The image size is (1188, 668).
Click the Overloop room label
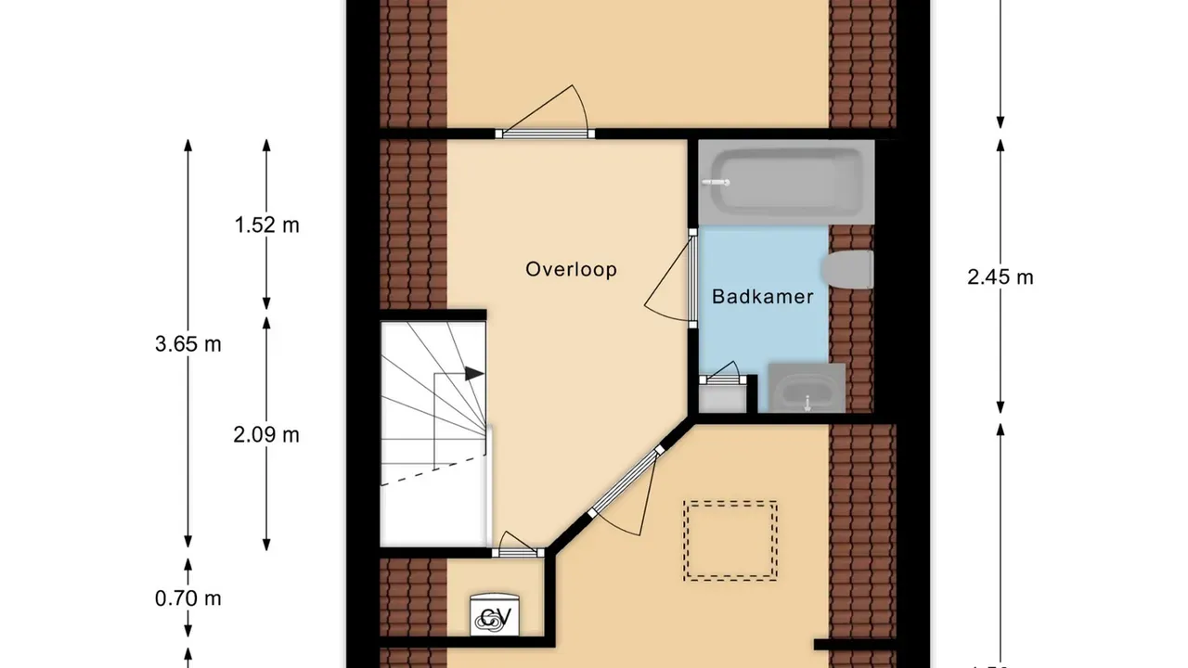click(x=571, y=270)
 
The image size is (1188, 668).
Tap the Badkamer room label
click(x=762, y=297)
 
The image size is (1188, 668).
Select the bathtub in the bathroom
click(x=785, y=182)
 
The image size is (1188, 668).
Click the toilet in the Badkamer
click(x=849, y=270)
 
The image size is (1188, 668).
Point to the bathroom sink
click(x=806, y=389)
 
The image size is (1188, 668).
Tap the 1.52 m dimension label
click(x=266, y=225)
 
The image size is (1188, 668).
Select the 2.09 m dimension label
click(x=266, y=434)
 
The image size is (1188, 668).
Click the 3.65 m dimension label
click(x=187, y=344)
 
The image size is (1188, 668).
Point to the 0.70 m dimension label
click(x=187, y=598)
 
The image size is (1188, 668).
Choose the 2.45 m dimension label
click(x=1000, y=276)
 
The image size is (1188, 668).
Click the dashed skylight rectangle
click(x=730, y=541)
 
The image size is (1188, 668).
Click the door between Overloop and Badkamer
click(x=692, y=278)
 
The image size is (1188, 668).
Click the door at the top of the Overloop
click(x=545, y=133)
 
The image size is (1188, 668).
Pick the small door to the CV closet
click(x=517, y=552)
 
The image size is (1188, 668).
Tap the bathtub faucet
click(x=717, y=183)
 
